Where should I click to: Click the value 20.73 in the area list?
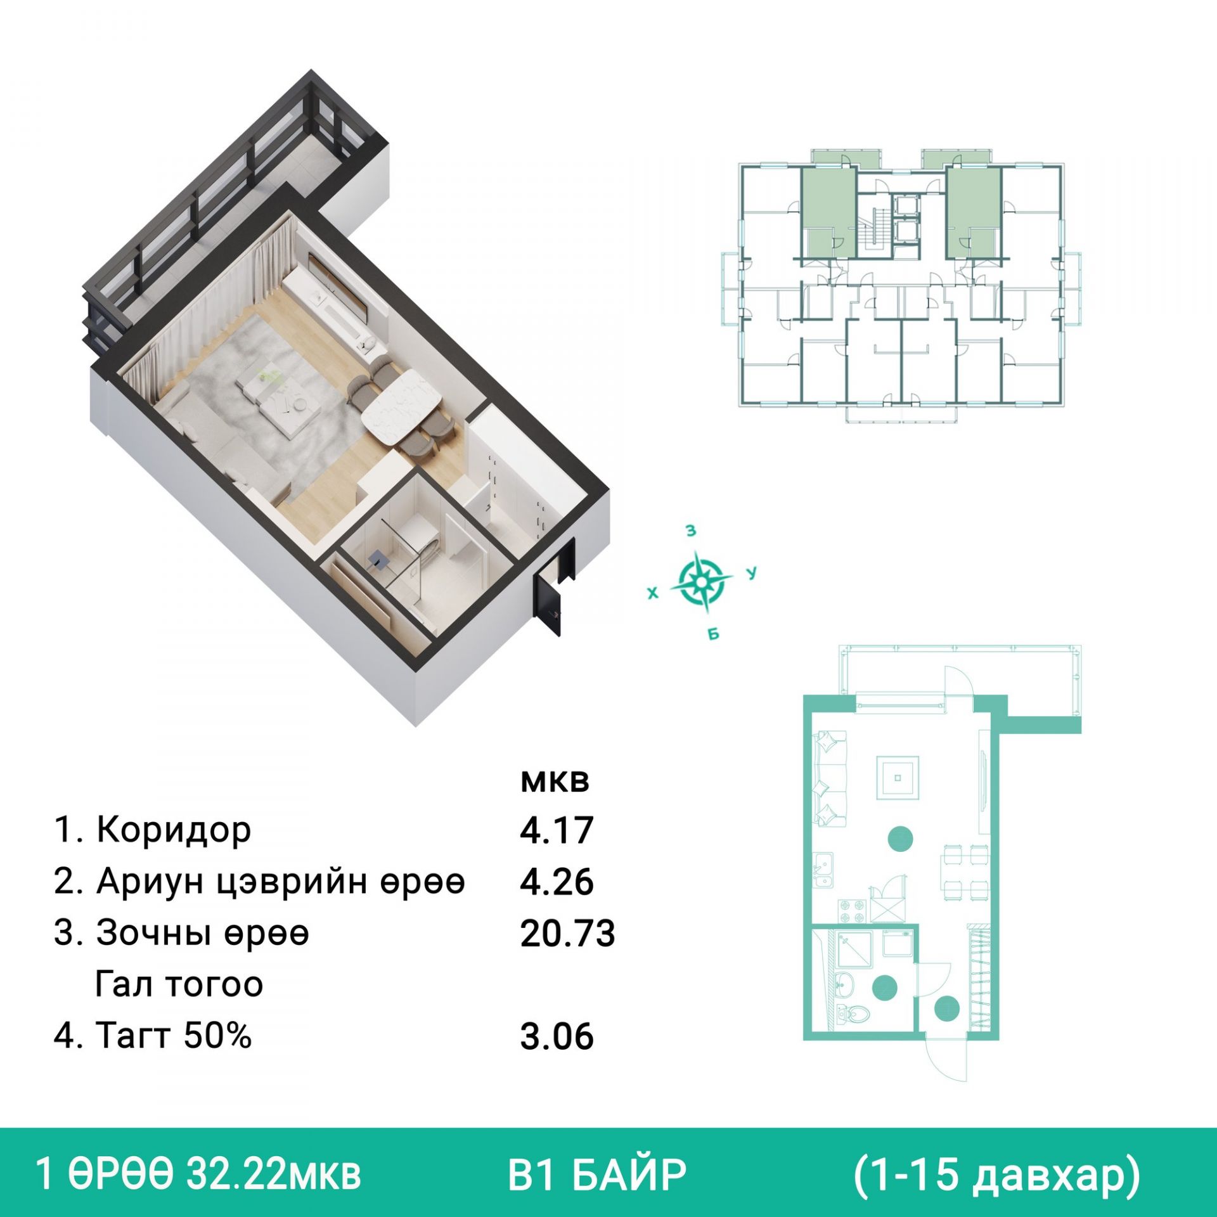[567, 934]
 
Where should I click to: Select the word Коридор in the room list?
[174, 830]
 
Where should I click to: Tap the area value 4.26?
[557, 882]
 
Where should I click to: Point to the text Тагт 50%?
[174, 1035]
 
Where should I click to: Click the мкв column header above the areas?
[555, 782]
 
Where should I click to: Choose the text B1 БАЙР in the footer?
[597, 1175]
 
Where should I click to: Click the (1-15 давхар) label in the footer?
[996, 1175]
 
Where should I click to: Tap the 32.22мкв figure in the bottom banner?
[273, 1175]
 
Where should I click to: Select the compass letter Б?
[714, 634]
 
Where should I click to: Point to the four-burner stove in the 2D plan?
[851, 911]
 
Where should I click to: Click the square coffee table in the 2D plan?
[898, 778]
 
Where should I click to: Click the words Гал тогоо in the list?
[179, 984]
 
